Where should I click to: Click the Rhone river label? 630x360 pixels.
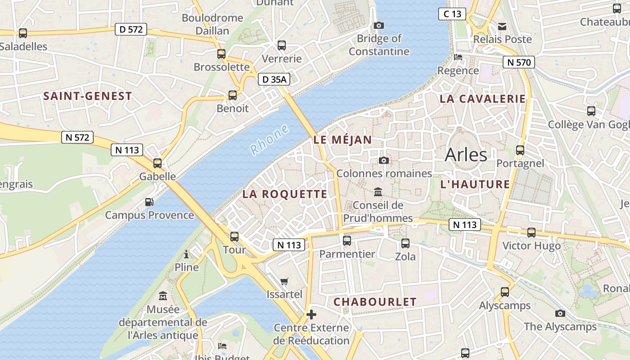click(x=269, y=139)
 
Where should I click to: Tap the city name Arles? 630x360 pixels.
click(x=466, y=155)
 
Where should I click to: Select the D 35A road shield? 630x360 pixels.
click(x=274, y=80)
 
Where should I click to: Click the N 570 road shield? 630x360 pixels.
click(x=518, y=62)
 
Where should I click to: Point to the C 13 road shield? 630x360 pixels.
click(x=452, y=14)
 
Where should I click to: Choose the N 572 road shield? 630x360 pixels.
click(x=77, y=137)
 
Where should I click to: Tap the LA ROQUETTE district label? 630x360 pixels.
click(x=285, y=194)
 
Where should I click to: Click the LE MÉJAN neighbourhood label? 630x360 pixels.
click(x=343, y=140)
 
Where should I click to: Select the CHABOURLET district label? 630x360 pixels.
click(x=375, y=302)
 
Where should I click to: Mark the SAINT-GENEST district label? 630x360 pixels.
click(x=88, y=96)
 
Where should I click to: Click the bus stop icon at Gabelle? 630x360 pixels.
click(x=157, y=163)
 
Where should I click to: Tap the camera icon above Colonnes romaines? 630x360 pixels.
click(x=384, y=161)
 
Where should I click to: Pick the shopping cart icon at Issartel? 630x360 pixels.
click(x=284, y=282)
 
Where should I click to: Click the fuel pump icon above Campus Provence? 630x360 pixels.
click(x=149, y=202)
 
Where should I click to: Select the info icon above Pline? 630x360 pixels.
click(x=186, y=255)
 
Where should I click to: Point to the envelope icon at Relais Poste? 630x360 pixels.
click(x=502, y=27)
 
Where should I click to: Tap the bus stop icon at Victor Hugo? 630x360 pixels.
click(x=531, y=233)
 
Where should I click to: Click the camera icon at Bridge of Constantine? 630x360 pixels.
click(x=379, y=25)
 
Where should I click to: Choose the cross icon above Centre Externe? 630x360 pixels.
click(x=311, y=314)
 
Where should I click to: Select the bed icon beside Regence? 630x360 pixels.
click(x=458, y=57)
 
